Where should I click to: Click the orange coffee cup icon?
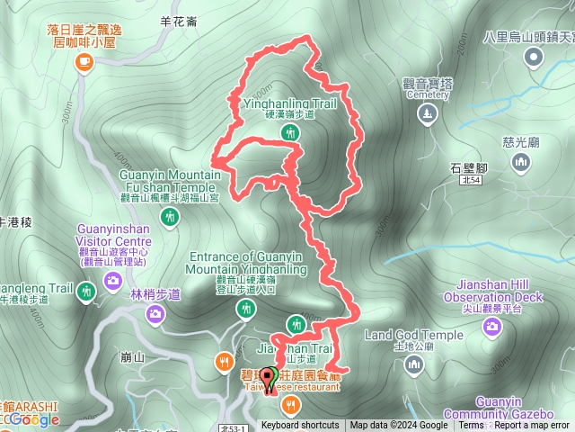click(84, 61)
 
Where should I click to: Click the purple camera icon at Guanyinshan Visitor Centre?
click(112, 282)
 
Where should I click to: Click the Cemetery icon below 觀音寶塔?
click(428, 113)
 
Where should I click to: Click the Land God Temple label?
click(413, 336)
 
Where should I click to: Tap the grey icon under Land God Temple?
click(413, 364)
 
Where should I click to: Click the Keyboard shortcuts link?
click(301, 426)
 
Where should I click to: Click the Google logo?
click(36, 419)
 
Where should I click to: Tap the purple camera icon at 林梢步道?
click(155, 313)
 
